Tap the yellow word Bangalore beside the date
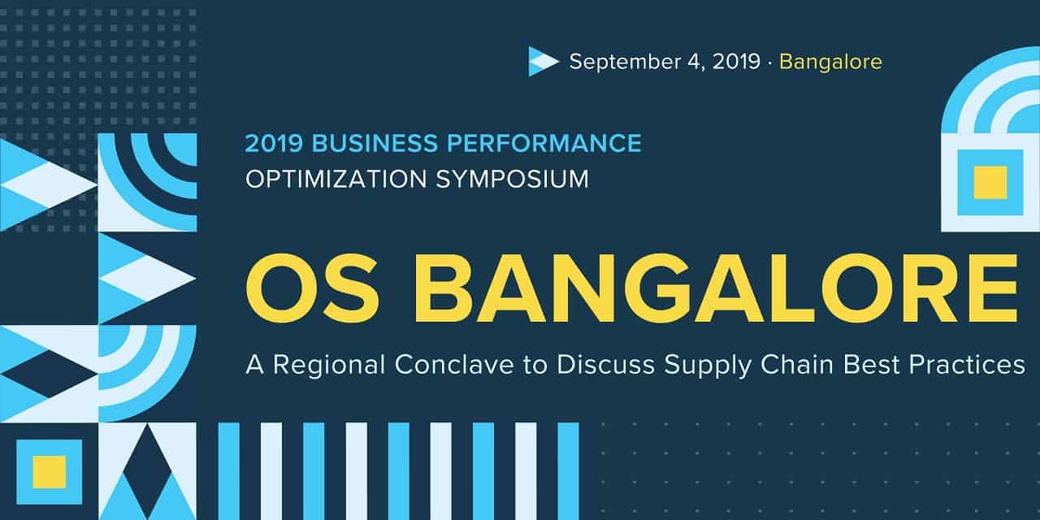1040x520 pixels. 830,62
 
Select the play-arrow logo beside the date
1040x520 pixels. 544,61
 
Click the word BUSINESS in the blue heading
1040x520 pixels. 375,143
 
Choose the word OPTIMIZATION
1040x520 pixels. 336,180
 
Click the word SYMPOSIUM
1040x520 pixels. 513,180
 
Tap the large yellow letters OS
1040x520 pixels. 311,288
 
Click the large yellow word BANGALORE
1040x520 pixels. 716,288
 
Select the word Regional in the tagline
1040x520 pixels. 329,366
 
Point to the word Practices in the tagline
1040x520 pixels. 967,365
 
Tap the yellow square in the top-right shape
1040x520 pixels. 990,183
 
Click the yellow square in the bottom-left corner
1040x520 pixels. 50,472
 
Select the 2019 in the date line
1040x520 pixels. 736,62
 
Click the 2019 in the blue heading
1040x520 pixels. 274,143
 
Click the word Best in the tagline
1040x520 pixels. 872,365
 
